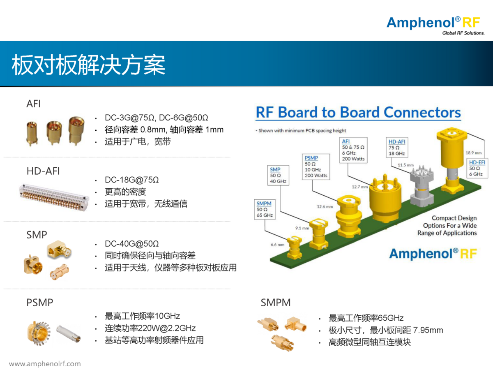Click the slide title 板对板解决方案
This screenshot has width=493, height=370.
click(88, 65)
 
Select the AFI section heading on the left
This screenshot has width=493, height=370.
click(34, 104)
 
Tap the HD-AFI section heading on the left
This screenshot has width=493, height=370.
click(43, 171)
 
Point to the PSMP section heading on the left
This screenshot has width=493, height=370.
click(40, 303)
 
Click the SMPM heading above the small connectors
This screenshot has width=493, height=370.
click(276, 303)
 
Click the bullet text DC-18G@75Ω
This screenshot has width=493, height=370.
click(131, 180)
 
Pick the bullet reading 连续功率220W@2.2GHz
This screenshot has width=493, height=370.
click(150, 328)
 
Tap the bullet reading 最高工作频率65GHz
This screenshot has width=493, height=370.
click(366, 318)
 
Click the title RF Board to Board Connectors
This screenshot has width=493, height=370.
click(358, 112)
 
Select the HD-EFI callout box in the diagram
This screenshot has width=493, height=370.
click(477, 168)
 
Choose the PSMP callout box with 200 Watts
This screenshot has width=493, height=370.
click(316, 166)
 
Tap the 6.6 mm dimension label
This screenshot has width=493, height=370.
click(278, 245)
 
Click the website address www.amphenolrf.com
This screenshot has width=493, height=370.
click(45, 364)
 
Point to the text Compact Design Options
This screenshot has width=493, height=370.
click(450, 225)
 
